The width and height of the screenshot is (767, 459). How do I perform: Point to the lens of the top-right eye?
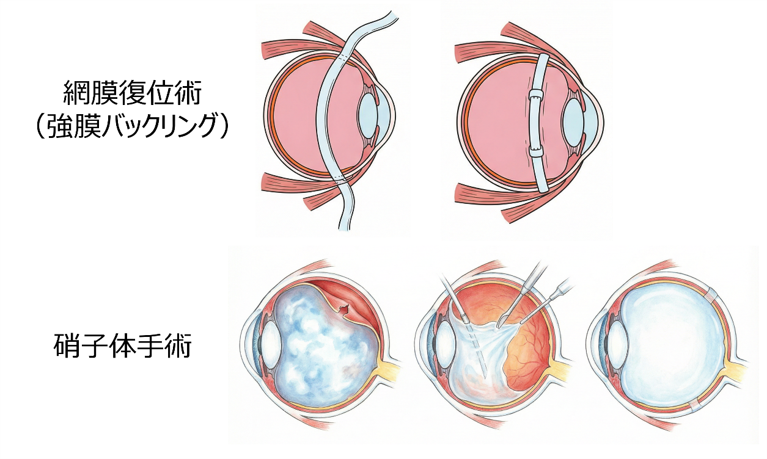(x=574, y=119)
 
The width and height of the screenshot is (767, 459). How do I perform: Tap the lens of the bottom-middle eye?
(x=444, y=345)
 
